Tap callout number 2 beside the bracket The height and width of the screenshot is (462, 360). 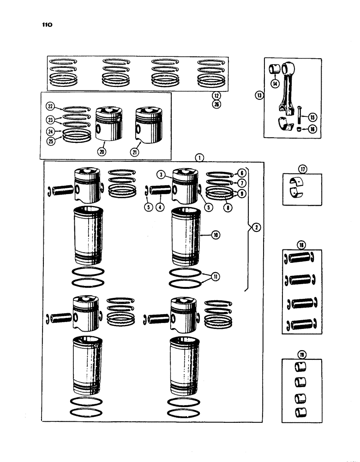[x=255, y=227]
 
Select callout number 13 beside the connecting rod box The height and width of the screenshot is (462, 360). [x=258, y=96]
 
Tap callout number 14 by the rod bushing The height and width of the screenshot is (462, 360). [x=275, y=84]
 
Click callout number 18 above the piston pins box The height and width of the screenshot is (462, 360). [x=301, y=245]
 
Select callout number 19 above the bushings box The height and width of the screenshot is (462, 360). [x=301, y=354]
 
